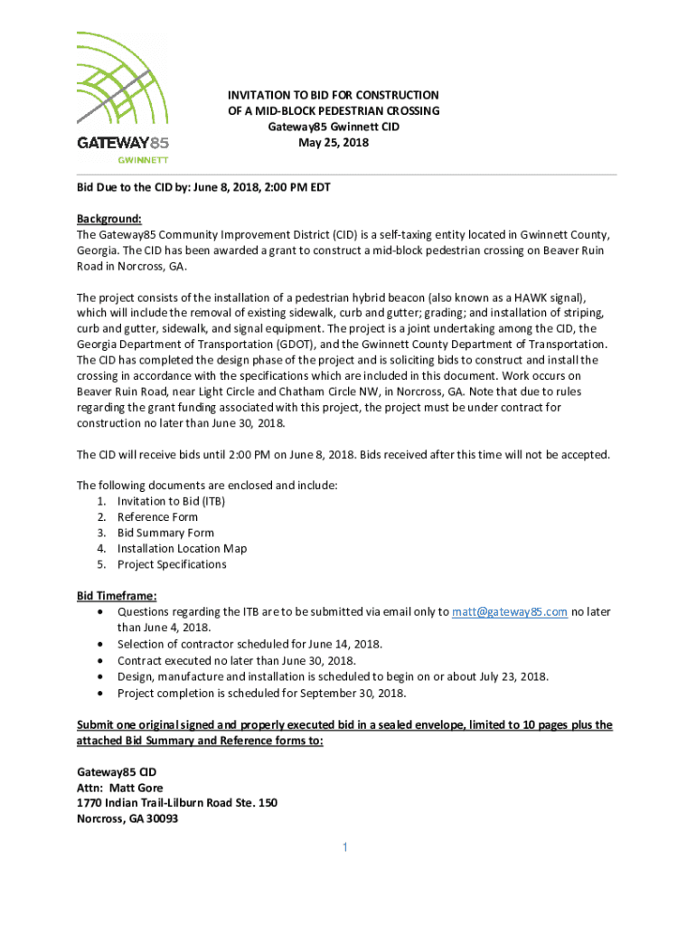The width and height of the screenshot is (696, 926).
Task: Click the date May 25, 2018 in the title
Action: click(x=334, y=143)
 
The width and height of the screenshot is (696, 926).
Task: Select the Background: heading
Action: click(x=109, y=219)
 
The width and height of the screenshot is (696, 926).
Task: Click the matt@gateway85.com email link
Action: click(x=510, y=612)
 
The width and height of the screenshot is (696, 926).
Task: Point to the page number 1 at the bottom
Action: click(x=344, y=847)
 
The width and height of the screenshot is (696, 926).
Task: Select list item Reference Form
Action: click(x=157, y=517)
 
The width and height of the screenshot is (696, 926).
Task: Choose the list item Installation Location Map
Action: click(x=182, y=549)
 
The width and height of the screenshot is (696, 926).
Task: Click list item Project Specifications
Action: click(x=172, y=564)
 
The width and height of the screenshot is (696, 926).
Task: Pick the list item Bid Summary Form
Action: click(x=165, y=533)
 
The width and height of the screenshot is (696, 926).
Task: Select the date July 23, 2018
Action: click(x=508, y=676)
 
